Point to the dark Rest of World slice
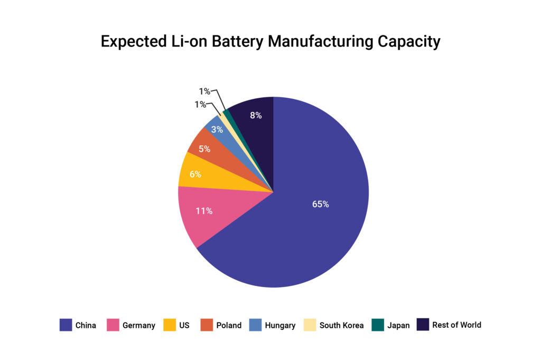tap(254, 124)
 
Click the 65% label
tap(320, 204)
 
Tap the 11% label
tap(204, 211)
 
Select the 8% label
tap(256, 115)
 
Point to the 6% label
tap(195, 174)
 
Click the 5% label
tap(204, 149)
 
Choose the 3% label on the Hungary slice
tap(217, 130)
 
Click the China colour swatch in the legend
tap(66, 325)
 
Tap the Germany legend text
tap(139, 326)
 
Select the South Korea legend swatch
tap(310, 325)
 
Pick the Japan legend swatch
tap(378, 325)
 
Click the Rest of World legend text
tap(456, 325)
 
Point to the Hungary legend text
tap(280, 326)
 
